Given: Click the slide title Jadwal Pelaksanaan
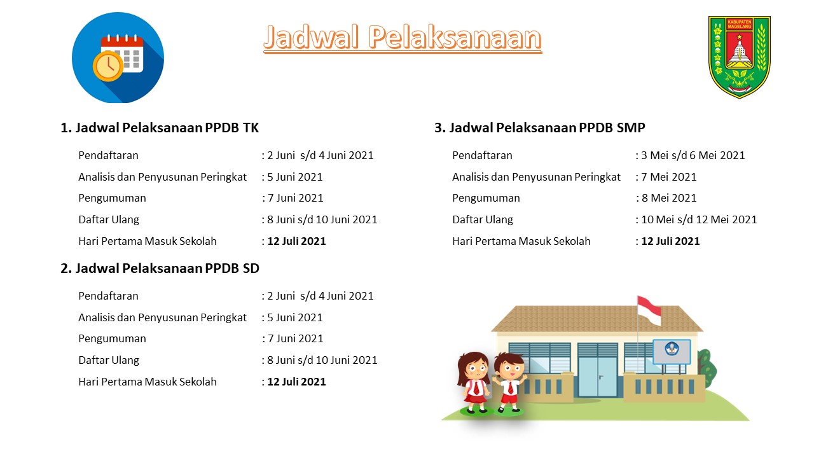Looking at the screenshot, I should (x=403, y=38).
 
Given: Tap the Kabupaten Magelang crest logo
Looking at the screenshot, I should (x=739, y=56).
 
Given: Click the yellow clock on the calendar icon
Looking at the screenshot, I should (x=109, y=65).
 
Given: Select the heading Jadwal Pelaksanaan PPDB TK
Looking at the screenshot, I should (x=160, y=128).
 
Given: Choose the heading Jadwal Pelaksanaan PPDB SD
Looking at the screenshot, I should (x=160, y=268).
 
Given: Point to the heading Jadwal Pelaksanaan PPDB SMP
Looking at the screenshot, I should (x=540, y=128).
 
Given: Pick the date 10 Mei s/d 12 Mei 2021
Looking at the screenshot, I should (x=699, y=219).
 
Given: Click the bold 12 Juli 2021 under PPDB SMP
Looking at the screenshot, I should (x=670, y=241).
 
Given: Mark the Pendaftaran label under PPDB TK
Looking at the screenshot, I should (x=108, y=155).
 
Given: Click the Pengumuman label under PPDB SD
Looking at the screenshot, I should (x=112, y=338).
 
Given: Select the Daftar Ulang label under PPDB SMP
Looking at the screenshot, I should (x=483, y=219).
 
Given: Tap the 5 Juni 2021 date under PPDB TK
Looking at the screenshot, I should (x=294, y=177).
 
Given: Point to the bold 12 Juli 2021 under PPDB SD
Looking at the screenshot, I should (x=296, y=382).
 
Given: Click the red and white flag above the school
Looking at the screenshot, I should (x=649, y=310).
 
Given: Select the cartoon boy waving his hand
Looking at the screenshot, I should (x=510, y=382).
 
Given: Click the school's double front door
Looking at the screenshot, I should (x=598, y=375).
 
